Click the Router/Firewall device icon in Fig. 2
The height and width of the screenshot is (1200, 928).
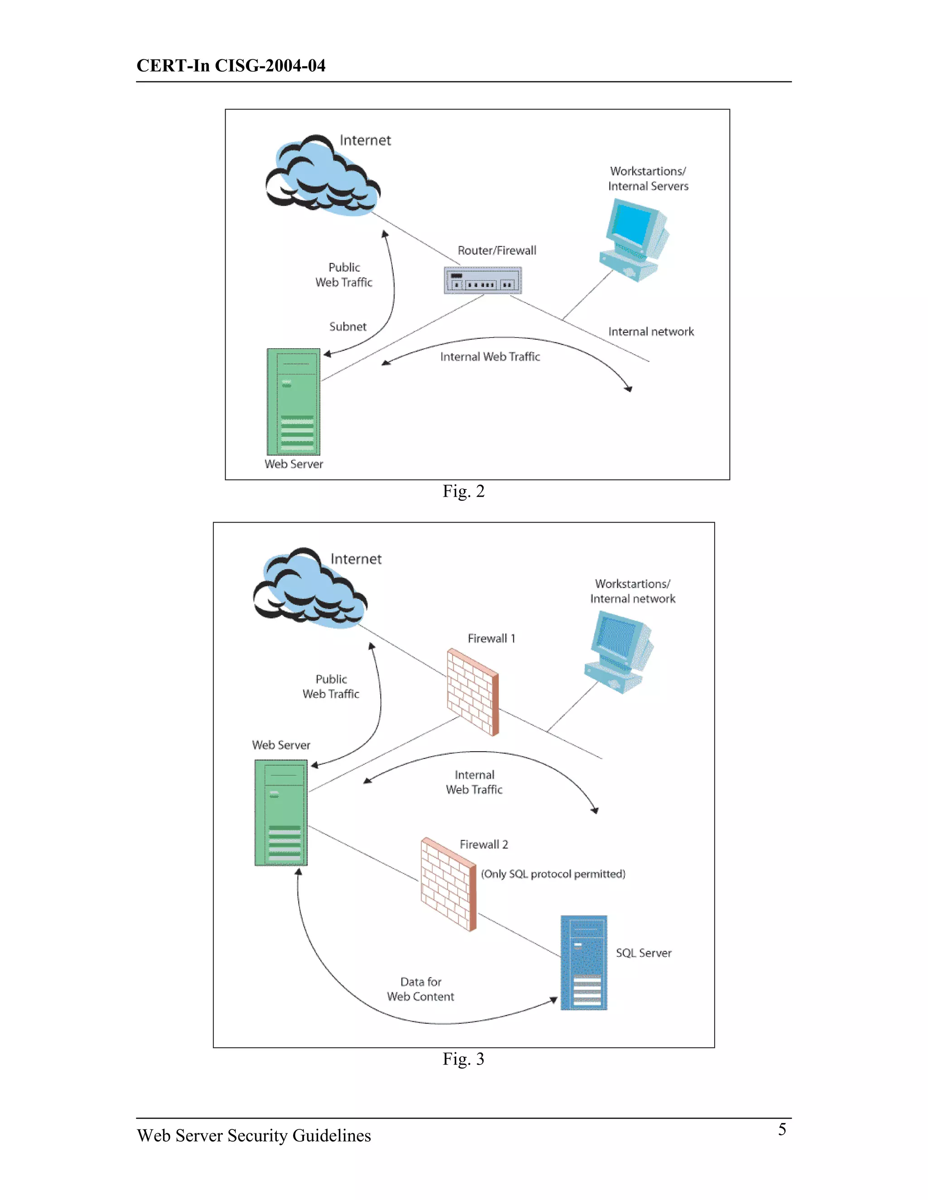482,281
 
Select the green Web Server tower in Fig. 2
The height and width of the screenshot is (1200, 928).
294,402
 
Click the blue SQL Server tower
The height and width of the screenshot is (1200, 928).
584,963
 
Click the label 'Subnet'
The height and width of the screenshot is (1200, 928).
348,326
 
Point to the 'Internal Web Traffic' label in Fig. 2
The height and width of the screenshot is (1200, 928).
490,356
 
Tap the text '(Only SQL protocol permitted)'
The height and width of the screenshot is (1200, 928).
553,874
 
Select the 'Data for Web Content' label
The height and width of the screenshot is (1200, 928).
420,989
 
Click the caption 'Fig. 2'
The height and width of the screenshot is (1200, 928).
464,491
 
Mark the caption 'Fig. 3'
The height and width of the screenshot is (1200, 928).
464,1059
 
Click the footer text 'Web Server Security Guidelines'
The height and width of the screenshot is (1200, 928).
254,1135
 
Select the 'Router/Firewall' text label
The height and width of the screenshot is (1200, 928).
497,250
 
